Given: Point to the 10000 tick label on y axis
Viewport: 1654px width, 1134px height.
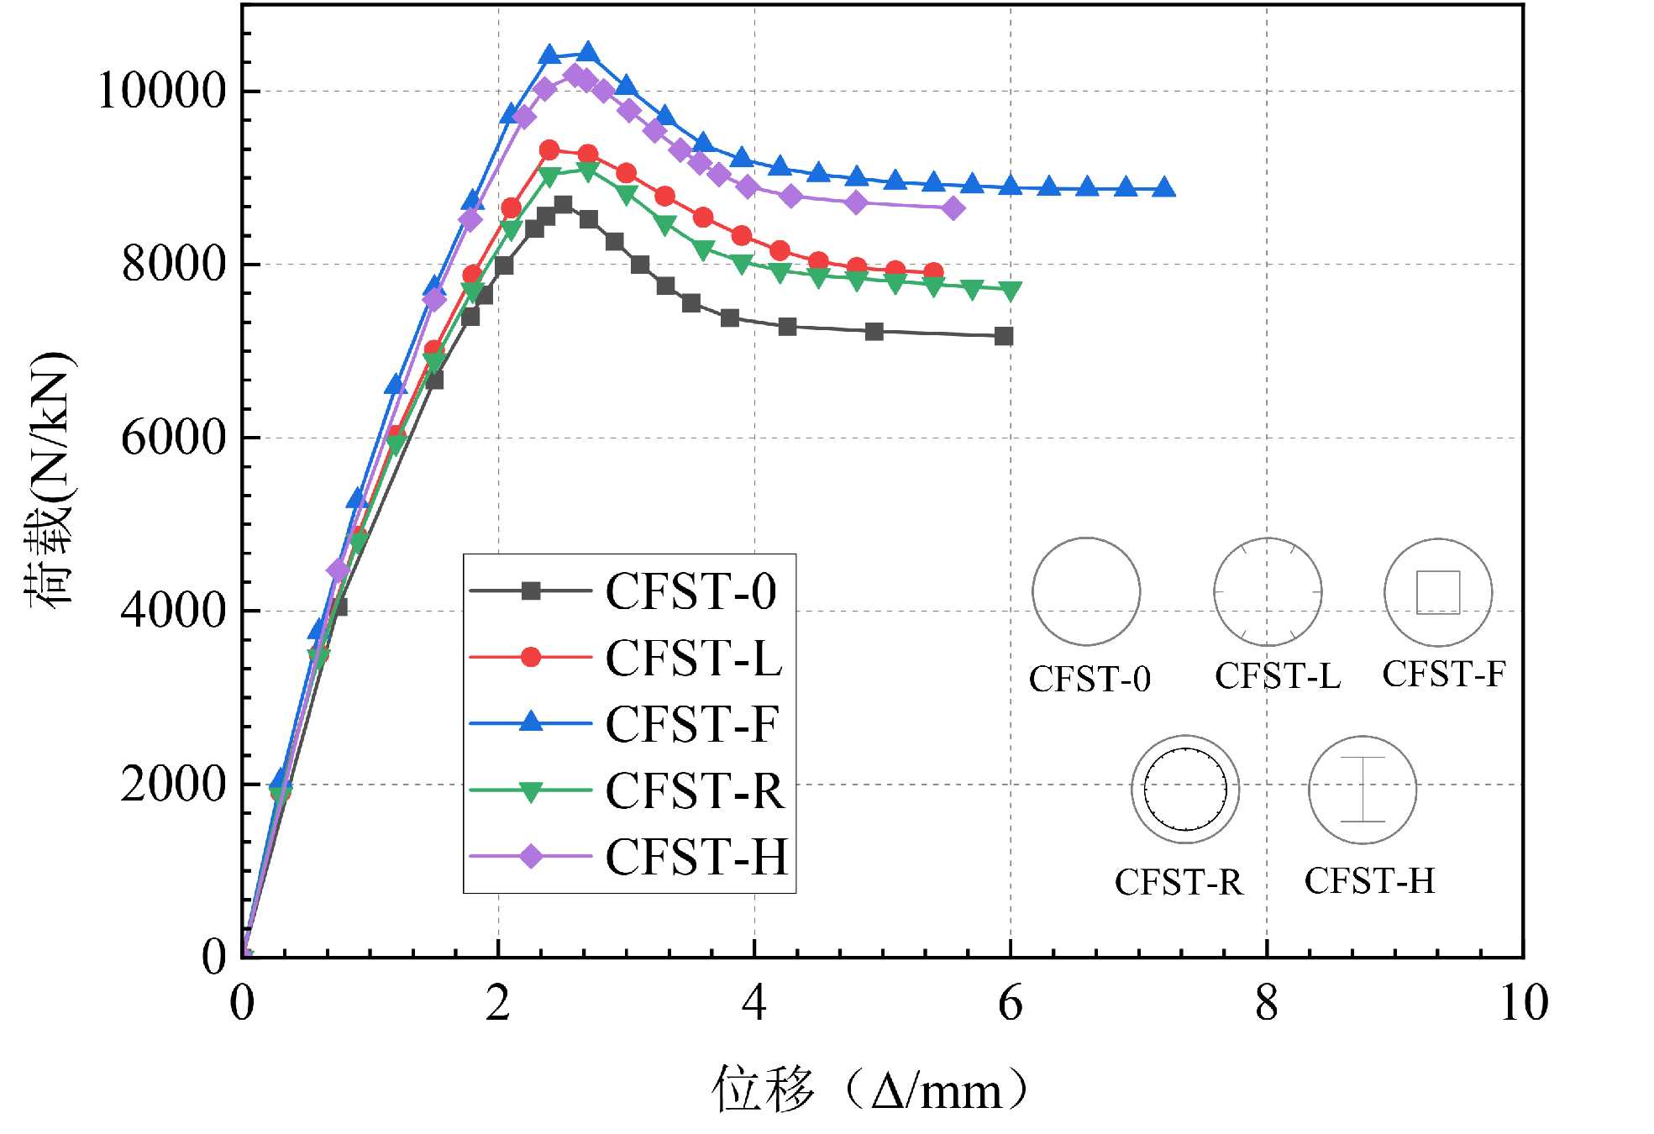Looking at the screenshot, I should (162, 91).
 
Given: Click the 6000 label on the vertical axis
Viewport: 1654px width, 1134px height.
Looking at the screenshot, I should (174, 438).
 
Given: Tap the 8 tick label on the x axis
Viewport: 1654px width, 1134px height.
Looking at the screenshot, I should (1267, 1002).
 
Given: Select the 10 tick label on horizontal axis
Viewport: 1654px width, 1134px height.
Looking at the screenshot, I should (1523, 1002).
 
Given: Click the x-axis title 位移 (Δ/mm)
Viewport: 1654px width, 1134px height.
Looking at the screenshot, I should (870, 1090).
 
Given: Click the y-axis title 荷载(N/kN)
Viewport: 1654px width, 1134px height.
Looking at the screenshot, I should (49, 479).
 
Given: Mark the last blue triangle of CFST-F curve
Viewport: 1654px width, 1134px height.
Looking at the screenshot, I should (1163, 188).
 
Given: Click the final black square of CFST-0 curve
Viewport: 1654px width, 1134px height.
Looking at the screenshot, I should (1004, 336).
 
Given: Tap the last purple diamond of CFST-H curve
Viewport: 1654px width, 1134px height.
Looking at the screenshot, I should (953, 208).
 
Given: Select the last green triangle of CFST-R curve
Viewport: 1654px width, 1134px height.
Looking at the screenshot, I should (1011, 291).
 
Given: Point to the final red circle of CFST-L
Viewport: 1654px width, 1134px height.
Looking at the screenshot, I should (933, 271).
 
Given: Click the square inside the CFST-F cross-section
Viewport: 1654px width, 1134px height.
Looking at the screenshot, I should (1438, 592).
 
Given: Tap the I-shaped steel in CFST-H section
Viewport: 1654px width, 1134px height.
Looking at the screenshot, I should (1363, 790).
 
